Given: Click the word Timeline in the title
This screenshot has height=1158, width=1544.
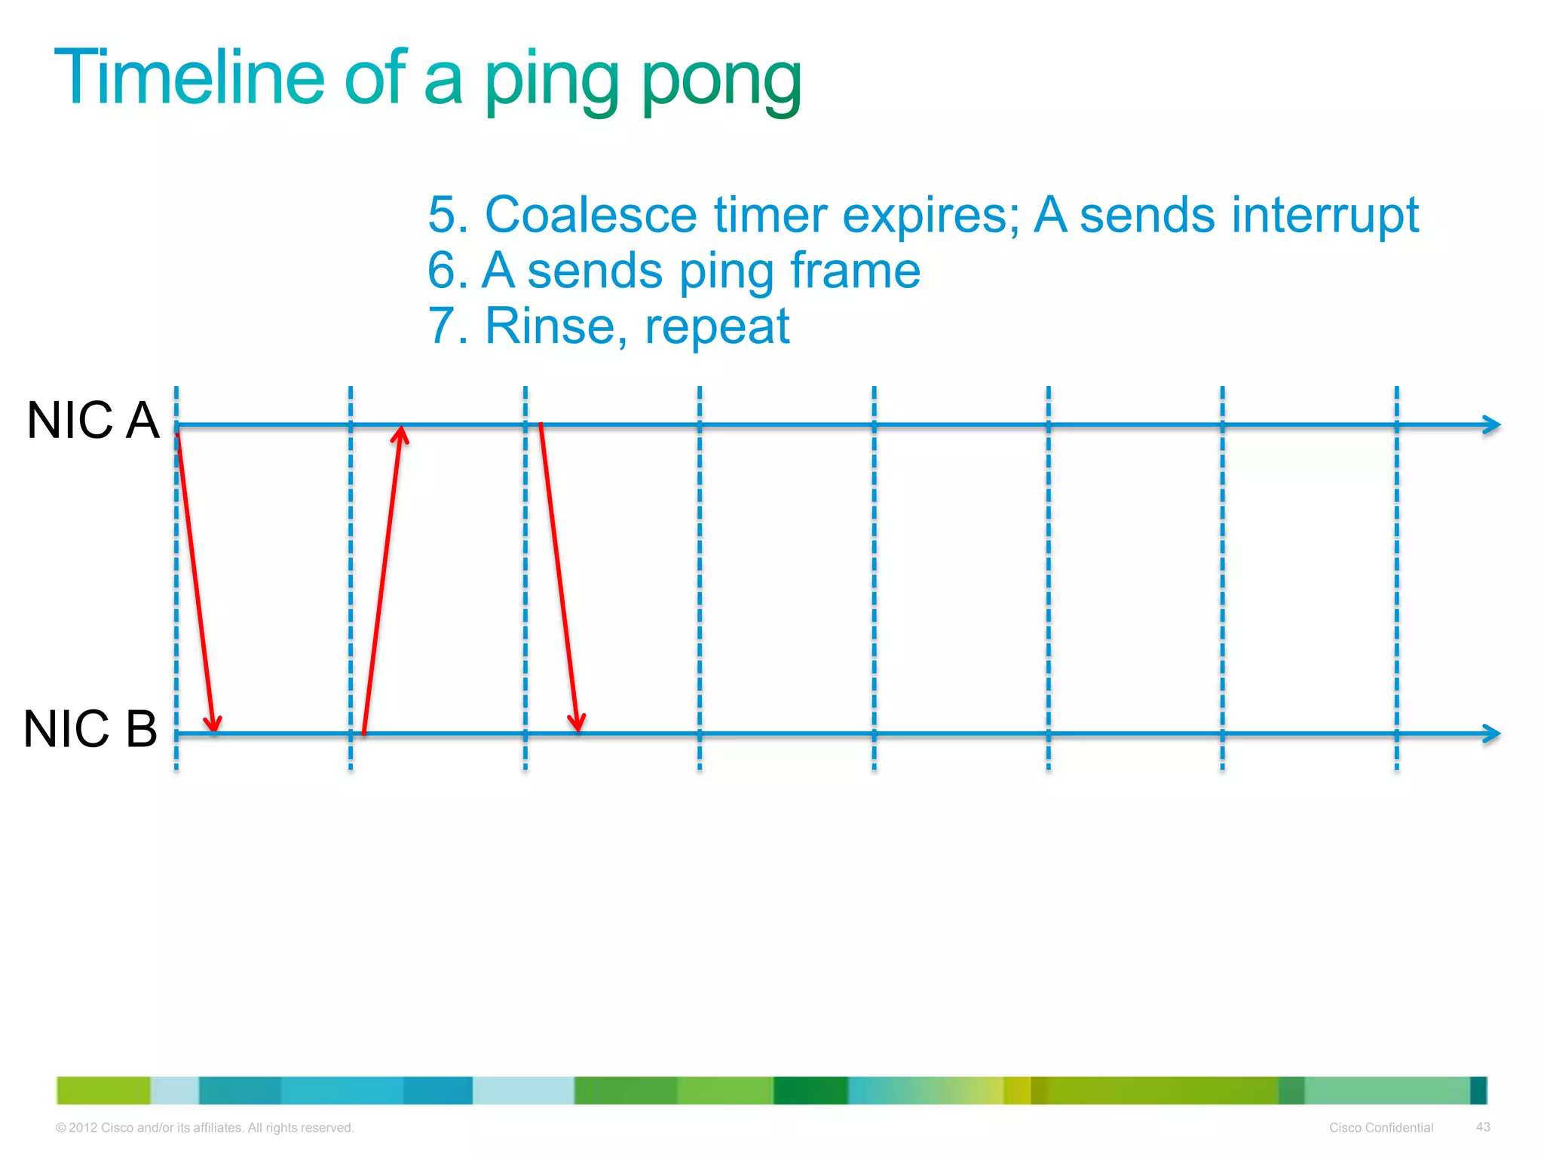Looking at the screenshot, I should (x=188, y=77).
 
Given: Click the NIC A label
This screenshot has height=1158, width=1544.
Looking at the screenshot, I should (x=93, y=420).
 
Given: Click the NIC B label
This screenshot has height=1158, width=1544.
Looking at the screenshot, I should (x=90, y=729).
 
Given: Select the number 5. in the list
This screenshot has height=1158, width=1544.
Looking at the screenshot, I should (x=448, y=215).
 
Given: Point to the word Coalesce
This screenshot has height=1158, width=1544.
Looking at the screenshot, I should (x=591, y=215).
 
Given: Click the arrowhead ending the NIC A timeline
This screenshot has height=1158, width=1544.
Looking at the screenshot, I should (x=1491, y=425).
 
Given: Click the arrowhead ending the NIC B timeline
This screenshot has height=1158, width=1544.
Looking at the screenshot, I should (x=1491, y=734).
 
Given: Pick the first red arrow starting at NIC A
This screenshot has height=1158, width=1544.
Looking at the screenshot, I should (x=196, y=581).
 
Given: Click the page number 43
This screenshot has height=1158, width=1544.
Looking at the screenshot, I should (x=1482, y=1126).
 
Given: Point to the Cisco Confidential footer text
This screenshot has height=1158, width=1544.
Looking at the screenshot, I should (x=1380, y=1127).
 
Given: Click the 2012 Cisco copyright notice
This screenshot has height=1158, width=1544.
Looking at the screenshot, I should (x=204, y=1127).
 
